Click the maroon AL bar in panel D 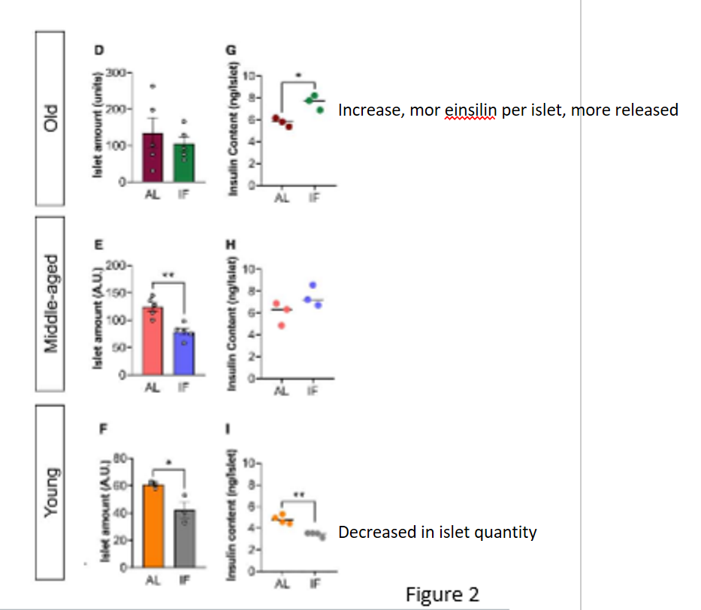(x=153, y=158)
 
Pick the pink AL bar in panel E (x=153, y=342)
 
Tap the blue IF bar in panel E (x=184, y=354)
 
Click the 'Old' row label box (x=51, y=118)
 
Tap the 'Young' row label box (x=51, y=493)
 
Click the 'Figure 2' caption (x=442, y=594)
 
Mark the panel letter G (x=231, y=50)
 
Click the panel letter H (x=230, y=243)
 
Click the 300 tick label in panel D (x=113, y=73)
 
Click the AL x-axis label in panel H (x=281, y=391)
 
